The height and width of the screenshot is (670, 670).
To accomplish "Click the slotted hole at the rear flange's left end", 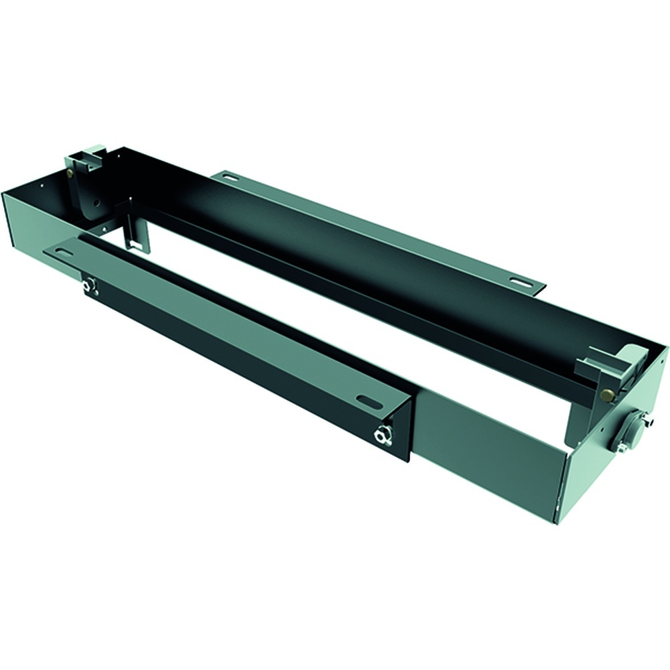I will point(230,178).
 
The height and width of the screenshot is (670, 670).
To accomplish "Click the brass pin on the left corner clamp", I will point(70,173).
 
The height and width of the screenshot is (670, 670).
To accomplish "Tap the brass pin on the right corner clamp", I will point(607,396).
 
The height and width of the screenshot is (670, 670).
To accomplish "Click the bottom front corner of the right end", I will point(555,522).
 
